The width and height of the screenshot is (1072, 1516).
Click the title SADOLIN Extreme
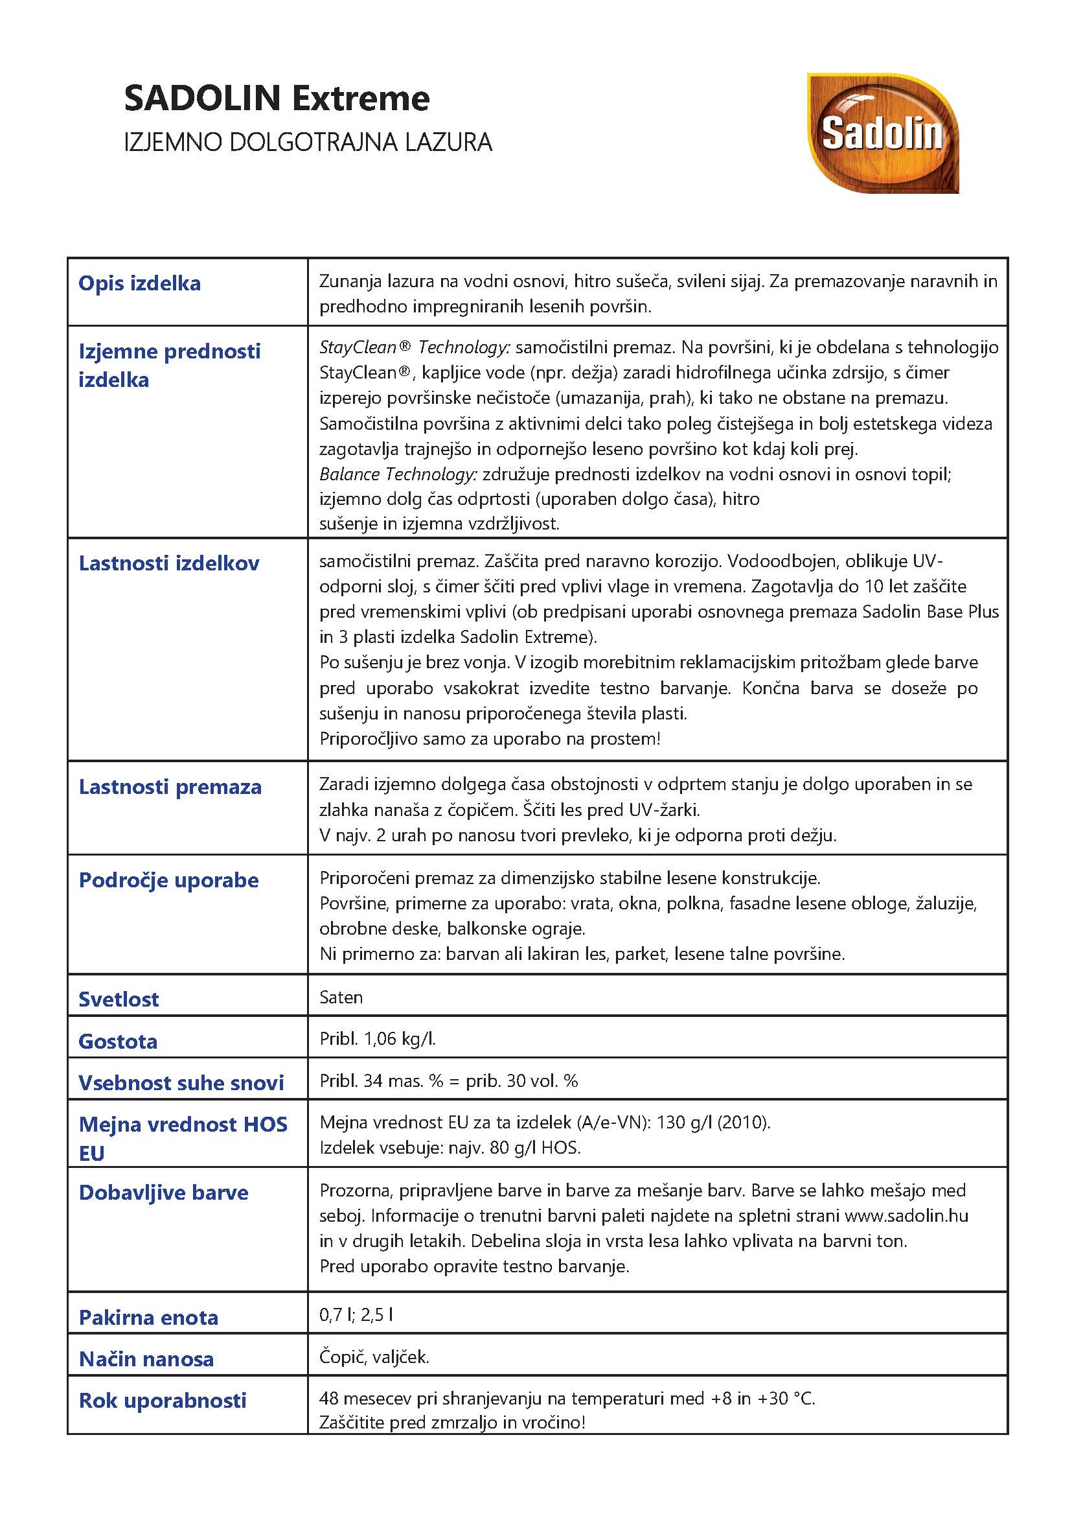pos(277,99)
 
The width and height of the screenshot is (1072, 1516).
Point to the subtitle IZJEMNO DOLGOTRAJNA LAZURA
pos(308,142)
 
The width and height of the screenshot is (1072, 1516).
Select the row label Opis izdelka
pos(139,283)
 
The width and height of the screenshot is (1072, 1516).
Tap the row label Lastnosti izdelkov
pos(169,563)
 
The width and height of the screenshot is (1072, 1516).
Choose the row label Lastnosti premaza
pos(170,787)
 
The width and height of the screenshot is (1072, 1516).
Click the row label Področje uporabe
pos(168,880)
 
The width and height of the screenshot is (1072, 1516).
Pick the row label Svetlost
pos(119,999)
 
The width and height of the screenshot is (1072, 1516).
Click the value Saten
pos(341,997)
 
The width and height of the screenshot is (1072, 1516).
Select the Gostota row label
pos(118,1041)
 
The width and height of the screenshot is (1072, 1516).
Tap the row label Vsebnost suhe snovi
pos(181,1082)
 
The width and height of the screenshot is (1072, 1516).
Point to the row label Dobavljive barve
pos(163,1193)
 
